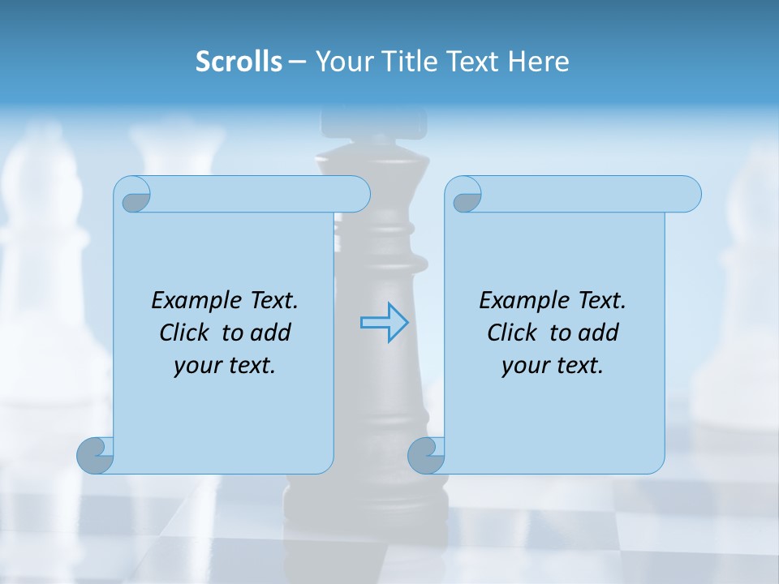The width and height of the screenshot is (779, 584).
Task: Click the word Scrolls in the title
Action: pos(239,62)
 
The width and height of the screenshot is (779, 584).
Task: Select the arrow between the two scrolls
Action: pos(384,323)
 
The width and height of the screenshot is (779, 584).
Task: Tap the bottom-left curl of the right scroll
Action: pos(427,455)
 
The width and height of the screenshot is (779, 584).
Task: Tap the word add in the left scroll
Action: pos(271,333)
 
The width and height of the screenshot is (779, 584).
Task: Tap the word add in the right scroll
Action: pos(599,333)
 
